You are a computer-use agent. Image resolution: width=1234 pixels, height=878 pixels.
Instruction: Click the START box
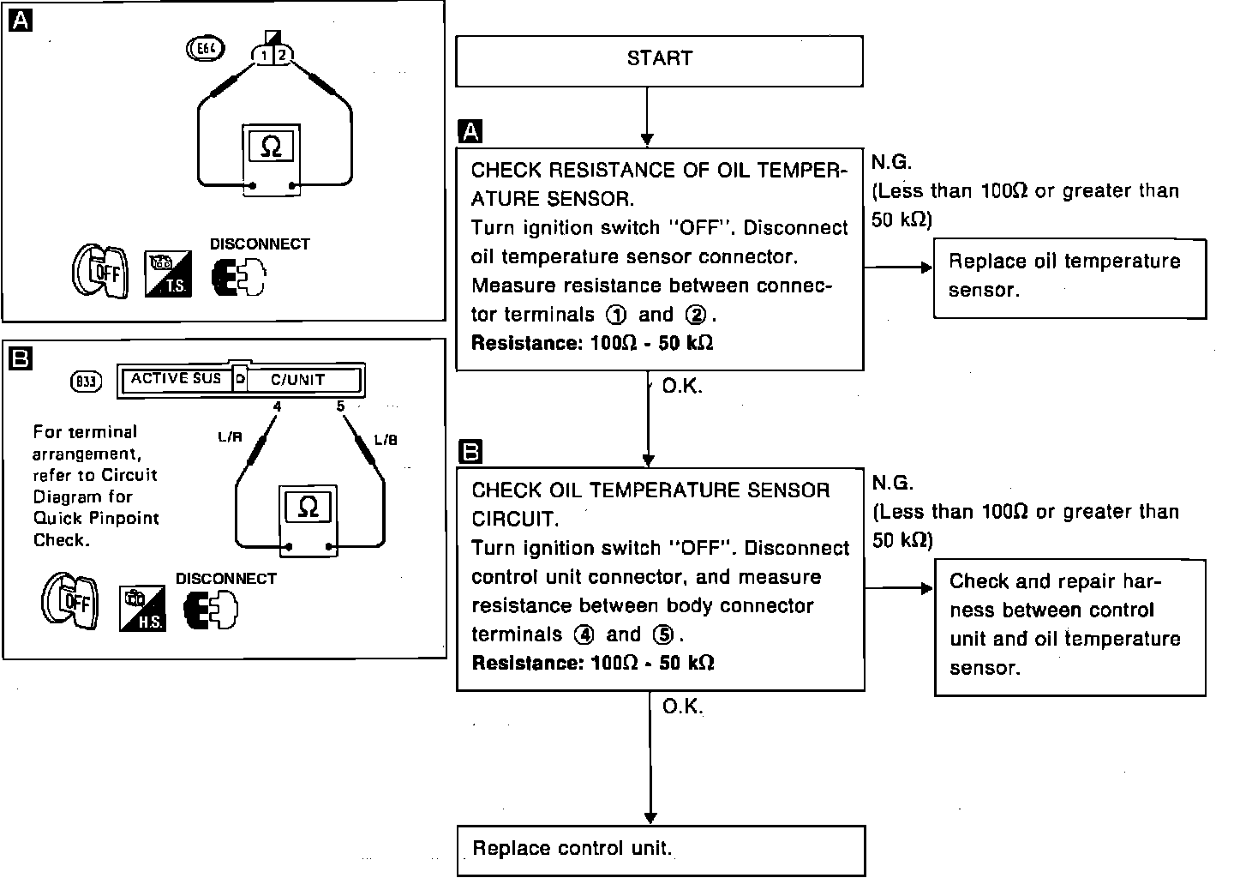[x=658, y=60]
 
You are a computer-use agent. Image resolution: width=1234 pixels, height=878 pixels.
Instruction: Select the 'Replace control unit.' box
[x=660, y=850]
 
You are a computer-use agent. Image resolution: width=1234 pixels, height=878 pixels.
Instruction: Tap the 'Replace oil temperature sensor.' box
[x=1069, y=277]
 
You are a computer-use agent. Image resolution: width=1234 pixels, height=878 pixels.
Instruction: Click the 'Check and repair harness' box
[x=1069, y=626]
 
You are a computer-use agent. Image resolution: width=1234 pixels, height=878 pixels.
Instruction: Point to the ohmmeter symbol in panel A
[x=270, y=147]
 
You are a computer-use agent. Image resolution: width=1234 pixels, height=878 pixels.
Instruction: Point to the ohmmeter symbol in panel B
[x=308, y=508]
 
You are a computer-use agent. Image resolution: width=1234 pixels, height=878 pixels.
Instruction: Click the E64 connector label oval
[x=206, y=50]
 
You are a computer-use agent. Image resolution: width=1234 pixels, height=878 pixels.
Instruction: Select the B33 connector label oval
[x=86, y=382]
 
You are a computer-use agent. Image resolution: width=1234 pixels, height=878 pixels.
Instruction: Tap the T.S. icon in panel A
[x=167, y=274]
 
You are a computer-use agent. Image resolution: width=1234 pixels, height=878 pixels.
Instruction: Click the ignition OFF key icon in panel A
[x=99, y=273]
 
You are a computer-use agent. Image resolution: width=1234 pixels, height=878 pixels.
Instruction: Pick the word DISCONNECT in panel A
[x=260, y=244]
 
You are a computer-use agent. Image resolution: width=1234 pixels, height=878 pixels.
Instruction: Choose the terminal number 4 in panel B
[x=277, y=406]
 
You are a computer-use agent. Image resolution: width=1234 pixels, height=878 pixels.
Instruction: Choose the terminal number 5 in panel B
[x=340, y=406]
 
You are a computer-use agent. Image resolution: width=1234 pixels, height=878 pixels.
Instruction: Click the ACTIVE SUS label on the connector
[x=176, y=378]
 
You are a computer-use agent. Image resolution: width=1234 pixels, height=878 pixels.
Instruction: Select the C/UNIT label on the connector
[x=298, y=379]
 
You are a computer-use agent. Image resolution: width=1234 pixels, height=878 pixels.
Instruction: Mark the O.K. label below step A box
[x=682, y=386]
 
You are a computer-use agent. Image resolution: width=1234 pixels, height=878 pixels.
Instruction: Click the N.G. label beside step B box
[x=892, y=483]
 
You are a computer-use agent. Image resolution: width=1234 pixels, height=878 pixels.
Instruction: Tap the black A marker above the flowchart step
[x=470, y=131]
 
